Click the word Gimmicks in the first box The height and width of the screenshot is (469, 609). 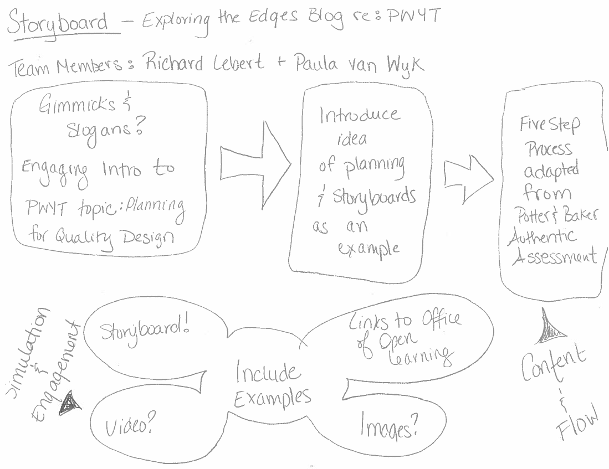(78, 105)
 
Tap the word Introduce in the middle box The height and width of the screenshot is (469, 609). (359, 115)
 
